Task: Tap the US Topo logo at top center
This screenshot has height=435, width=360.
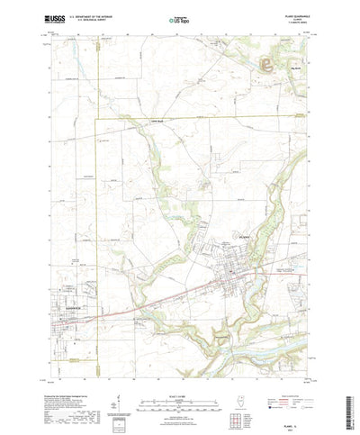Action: click(180, 17)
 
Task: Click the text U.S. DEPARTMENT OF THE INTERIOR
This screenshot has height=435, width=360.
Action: click(91, 14)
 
